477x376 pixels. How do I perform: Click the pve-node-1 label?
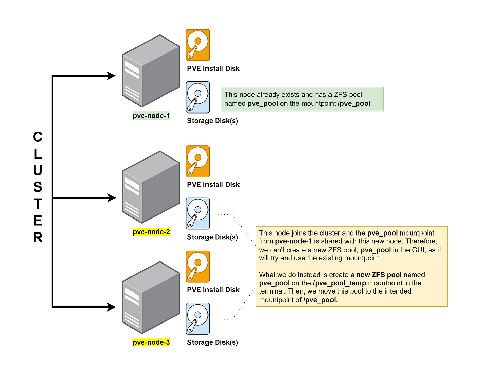[x=151, y=116]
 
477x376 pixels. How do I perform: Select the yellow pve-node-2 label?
[x=151, y=232]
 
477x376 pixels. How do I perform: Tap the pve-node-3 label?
[x=151, y=342]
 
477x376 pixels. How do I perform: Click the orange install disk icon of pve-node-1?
[x=198, y=45]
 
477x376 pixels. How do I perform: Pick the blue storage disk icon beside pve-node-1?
[x=198, y=97]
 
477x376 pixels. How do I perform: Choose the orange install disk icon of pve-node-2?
[x=198, y=161]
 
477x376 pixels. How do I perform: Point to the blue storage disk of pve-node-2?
[x=198, y=214]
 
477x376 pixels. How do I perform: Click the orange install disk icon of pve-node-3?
[x=198, y=267]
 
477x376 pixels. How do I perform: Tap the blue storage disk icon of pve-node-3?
[x=198, y=319]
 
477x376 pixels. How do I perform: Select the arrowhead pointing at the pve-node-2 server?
[x=112, y=198]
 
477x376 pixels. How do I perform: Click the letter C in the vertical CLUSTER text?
[x=38, y=137]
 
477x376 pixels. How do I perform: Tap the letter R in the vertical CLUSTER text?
[x=38, y=238]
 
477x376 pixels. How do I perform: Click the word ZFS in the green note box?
[x=340, y=95]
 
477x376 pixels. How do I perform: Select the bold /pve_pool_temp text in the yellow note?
[x=340, y=283]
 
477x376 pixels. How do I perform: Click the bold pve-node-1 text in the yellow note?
[x=293, y=241]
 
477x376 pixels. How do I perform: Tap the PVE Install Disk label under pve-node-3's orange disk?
[x=213, y=290]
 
